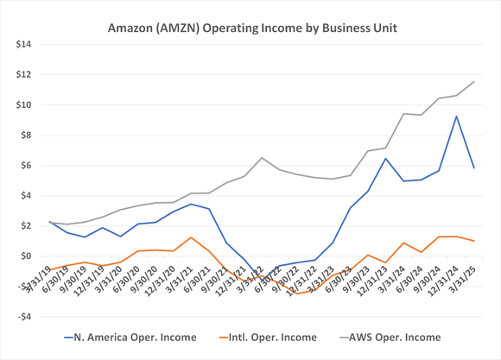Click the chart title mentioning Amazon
coord(251,28)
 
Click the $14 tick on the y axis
coord(21,44)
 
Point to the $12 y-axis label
coord(21,74)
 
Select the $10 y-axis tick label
coord(21,104)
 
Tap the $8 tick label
coord(23,135)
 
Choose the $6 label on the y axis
coord(23,165)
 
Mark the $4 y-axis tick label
coord(23,195)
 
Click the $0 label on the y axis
coord(23,256)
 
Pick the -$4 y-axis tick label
coord(22,316)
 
